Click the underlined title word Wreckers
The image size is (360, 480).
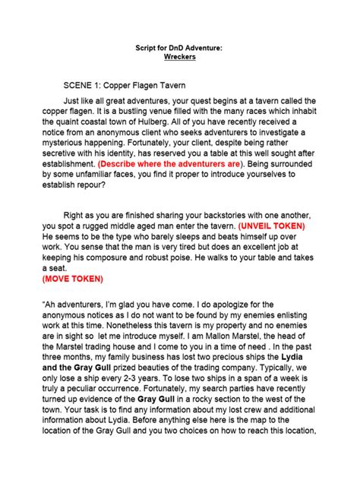[180, 55]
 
